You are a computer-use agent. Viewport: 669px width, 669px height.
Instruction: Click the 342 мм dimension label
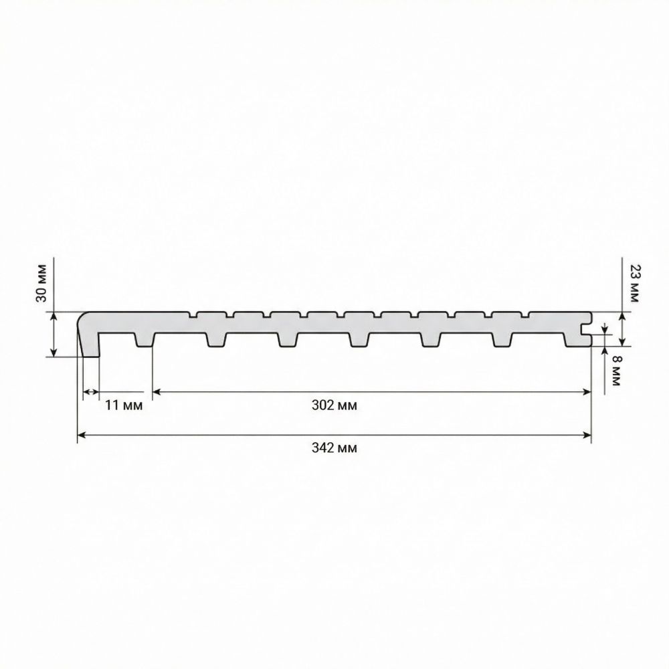(334, 448)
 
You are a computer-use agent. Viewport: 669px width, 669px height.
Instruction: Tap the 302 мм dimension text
(334, 405)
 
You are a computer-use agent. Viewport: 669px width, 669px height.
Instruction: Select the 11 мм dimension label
(124, 405)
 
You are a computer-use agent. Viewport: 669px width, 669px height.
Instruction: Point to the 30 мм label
(41, 283)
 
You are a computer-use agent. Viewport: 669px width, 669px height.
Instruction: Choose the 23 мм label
(635, 283)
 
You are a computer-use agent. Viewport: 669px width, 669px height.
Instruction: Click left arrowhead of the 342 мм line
(81, 436)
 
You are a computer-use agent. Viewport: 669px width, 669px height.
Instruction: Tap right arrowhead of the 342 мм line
(587, 436)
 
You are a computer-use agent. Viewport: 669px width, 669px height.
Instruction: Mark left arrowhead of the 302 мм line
(157, 391)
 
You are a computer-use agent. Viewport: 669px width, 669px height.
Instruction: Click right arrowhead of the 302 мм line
(587, 391)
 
